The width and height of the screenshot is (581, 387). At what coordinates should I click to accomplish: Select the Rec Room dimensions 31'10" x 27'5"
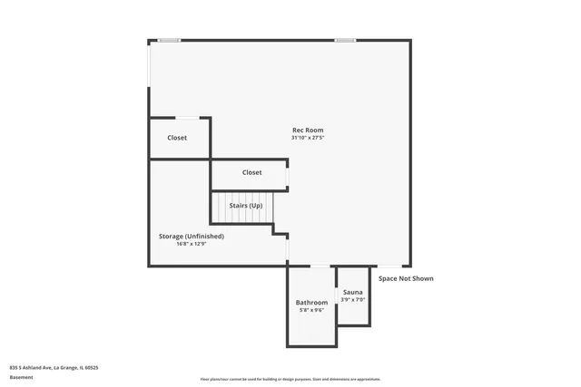click(x=307, y=139)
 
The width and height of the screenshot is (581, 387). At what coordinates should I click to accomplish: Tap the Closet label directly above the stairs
click(x=251, y=172)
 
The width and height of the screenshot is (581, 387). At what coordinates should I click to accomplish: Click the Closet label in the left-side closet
click(x=177, y=138)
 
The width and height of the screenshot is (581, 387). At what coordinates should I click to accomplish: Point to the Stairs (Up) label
click(x=246, y=206)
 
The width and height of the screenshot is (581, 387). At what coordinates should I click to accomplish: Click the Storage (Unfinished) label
click(x=191, y=236)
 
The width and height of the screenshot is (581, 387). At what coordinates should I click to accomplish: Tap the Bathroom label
click(x=311, y=302)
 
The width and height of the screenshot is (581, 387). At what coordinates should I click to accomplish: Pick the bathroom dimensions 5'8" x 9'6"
click(x=311, y=310)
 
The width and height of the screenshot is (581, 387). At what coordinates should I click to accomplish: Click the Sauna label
click(x=353, y=292)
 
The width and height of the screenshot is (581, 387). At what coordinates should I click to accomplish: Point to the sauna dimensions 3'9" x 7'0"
click(x=353, y=300)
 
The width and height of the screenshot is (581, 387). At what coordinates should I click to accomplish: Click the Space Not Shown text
click(x=406, y=278)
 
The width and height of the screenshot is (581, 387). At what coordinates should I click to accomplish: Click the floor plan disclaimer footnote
click(x=290, y=379)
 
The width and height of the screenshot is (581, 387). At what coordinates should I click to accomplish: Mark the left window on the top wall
click(x=169, y=40)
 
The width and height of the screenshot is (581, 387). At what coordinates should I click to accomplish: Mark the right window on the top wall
click(x=345, y=40)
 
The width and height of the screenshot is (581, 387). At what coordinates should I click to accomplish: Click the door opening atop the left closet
click(x=188, y=118)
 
